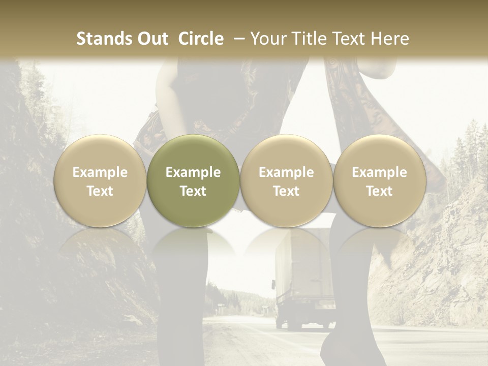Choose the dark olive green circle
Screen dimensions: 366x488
pos(193,181)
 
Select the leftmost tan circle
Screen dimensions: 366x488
pos(100,181)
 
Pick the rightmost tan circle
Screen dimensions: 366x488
pos(380,181)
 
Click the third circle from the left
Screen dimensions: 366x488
pos(286,181)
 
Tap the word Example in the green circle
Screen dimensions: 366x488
pos(193,172)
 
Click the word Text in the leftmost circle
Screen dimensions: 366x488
pos(100,191)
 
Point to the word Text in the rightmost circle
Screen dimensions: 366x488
pos(380,191)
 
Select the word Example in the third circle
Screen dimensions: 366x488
pos(286,172)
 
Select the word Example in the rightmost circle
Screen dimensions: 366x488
pos(380,172)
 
